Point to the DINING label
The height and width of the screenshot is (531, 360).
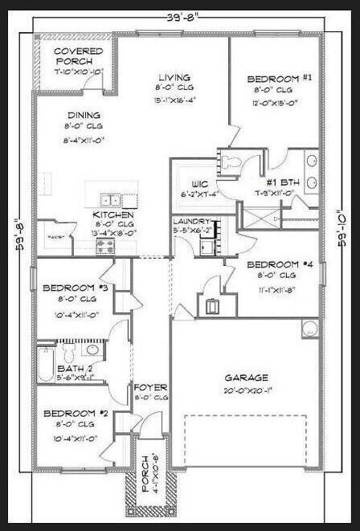(83, 115)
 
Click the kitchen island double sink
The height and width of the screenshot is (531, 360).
(112, 200)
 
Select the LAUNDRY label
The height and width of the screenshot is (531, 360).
(194, 221)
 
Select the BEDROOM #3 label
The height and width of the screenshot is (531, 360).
(69, 288)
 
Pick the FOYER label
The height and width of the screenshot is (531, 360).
(149, 387)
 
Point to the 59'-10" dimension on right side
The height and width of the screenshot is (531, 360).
(343, 230)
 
